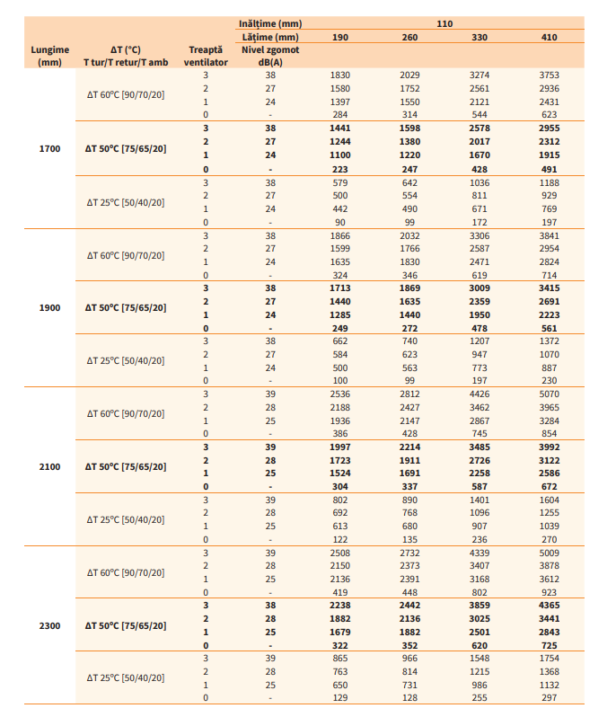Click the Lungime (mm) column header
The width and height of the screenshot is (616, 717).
click(49, 57)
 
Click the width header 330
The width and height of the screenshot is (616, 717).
click(480, 37)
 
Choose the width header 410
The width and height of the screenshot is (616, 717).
click(549, 37)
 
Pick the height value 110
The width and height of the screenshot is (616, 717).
click(444, 22)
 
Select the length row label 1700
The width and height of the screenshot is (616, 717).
click(49, 148)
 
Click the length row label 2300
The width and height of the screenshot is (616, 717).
click(49, 624)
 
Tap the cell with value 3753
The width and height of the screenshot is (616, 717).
click(549, 75)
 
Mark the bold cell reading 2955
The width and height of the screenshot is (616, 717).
click(549, 128)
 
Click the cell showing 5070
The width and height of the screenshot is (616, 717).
click(549, 393)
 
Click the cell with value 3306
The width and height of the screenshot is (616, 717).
click(480, 235)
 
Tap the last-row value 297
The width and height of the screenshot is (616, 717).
click(549, 698)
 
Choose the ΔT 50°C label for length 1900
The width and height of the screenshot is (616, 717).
click(126, 307)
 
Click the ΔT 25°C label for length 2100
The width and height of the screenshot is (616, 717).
click(126, 518)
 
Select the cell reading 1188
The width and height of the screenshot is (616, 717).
click(549, 181)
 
